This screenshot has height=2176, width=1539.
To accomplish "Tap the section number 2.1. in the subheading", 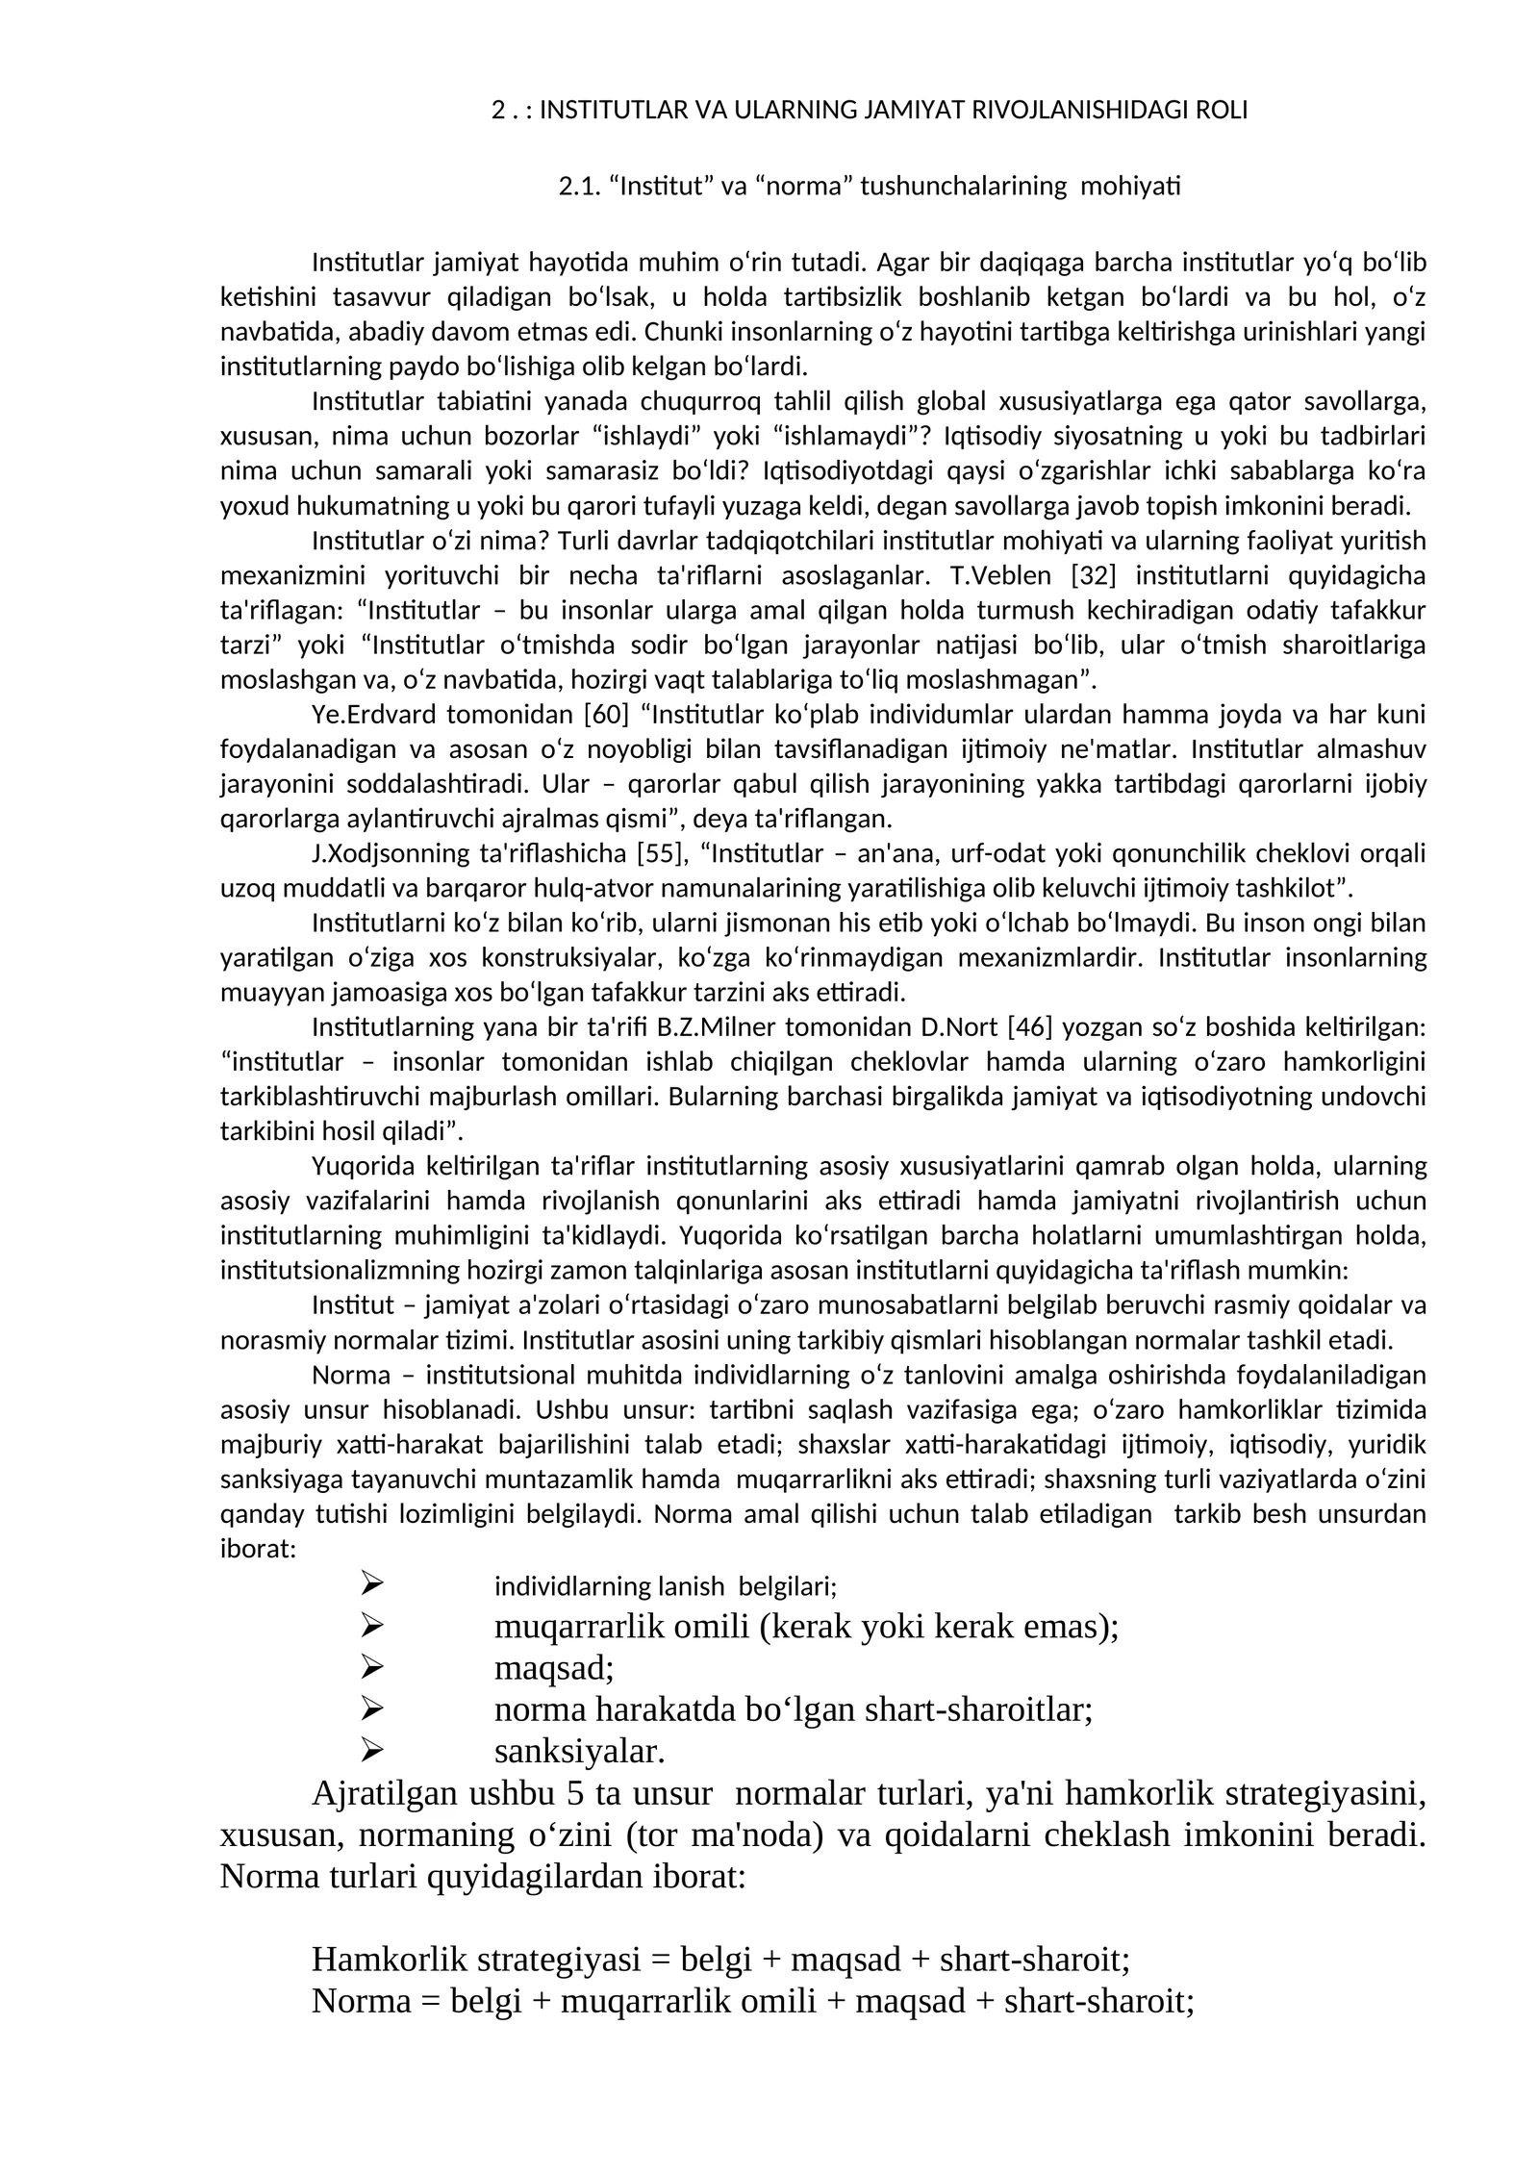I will [580, 186].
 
